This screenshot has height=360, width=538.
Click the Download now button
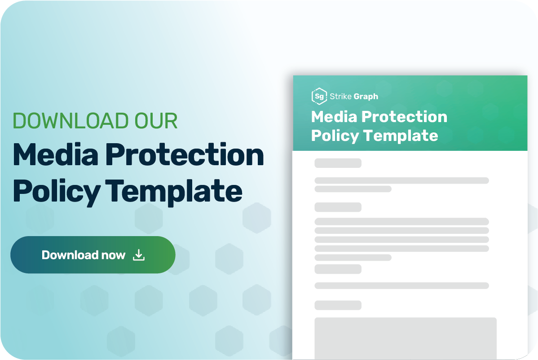click(93, 255)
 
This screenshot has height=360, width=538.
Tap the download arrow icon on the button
click(139, 255)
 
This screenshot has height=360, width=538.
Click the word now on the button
click(113, 255)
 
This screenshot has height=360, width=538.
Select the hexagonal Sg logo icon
click(319, 96)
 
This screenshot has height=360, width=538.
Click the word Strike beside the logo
click(341, 96)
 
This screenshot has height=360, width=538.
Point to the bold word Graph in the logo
click(366, 96)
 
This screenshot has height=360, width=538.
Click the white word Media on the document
click(335, 117)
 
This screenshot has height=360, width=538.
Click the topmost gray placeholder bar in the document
click(338, 163)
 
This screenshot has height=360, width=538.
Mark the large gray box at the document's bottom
click(405, 338)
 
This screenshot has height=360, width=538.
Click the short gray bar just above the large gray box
click(338, 305)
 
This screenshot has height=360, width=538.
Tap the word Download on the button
click(70, 255)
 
